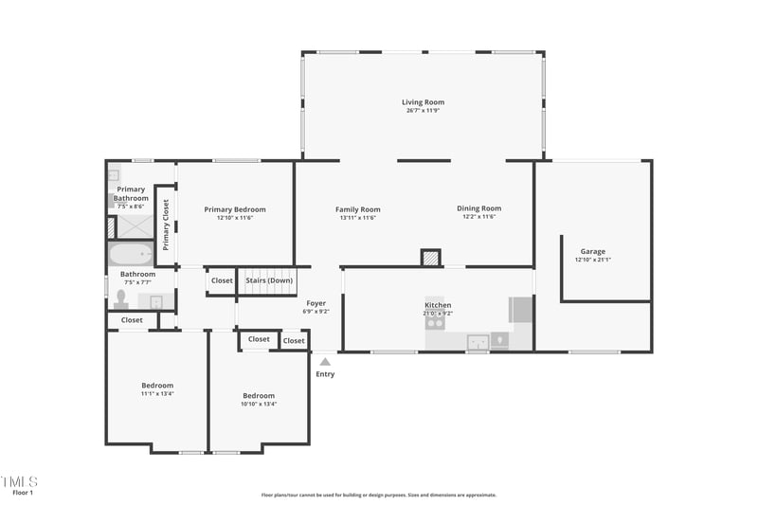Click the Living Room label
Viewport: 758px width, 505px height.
(423, 102)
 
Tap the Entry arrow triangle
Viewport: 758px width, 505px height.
(325, 361)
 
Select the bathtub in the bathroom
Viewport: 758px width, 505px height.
(131, 254)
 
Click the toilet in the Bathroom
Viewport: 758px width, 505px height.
(120, 298)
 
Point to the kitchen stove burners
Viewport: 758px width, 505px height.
(435, 322)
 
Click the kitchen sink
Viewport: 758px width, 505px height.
(478, 341)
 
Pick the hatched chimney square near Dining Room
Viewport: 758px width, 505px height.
(431, 257)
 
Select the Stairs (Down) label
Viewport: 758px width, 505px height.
(269, 280)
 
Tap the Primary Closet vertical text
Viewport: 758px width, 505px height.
(165, 224)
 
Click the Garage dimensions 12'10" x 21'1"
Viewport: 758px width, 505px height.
(593, 260)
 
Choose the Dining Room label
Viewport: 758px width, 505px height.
(478, 208)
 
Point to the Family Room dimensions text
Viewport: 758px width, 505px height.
(358, 217)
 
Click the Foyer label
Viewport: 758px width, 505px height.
(316, 303)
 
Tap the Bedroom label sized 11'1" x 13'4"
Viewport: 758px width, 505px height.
(157, 386)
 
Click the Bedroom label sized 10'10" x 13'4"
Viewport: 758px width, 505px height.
(259, 396)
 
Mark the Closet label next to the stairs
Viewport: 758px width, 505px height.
(222, 280)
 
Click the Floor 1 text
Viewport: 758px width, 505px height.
(23, 493)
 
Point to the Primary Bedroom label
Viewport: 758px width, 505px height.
(235, 209)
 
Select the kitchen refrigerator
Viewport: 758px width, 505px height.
(520, 310)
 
